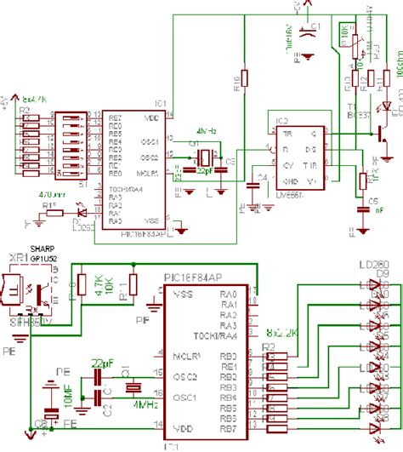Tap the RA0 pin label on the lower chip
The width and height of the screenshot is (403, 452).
(x=228, y=293)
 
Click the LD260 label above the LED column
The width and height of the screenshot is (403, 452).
(x=374, y=265)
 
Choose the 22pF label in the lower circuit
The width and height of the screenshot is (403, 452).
(x=104, y=363)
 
